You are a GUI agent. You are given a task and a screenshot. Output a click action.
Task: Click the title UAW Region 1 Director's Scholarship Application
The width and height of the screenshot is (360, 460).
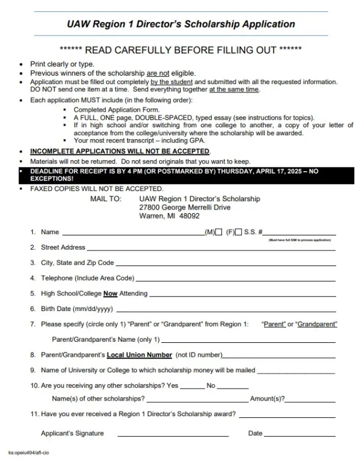click(181, 24)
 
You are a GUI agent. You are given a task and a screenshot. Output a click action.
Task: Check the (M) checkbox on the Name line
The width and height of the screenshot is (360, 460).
click(219, 232)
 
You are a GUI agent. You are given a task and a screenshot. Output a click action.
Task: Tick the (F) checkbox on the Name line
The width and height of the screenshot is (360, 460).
click(239, 232)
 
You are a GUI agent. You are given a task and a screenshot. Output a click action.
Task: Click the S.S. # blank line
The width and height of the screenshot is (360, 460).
click(300, 233)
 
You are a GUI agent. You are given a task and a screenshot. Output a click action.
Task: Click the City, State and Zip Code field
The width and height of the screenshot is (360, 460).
click(224, 264)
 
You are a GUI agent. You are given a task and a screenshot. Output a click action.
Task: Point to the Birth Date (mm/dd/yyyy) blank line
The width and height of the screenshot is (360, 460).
click(225, 310)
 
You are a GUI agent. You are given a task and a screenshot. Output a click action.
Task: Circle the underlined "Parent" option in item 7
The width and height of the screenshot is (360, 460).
click(274, 325)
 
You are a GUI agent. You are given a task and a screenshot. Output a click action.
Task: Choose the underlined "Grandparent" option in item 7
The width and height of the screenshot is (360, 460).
click(317, 325)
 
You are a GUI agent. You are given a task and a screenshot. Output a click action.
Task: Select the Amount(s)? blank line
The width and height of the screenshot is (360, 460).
click(310, 400)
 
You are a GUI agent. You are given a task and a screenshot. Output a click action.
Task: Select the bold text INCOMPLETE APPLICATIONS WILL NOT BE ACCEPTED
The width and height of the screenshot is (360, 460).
click(120, 151)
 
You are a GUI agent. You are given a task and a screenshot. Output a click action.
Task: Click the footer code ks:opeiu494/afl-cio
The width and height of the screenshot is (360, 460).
click(28, 452)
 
